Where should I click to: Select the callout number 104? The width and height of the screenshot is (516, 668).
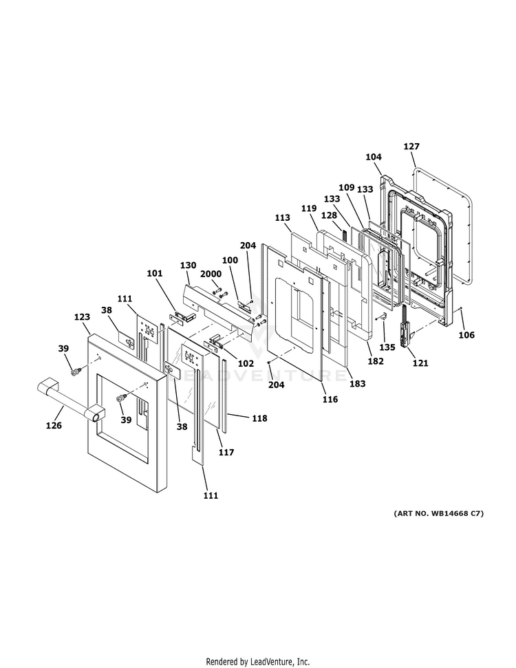(374, 157)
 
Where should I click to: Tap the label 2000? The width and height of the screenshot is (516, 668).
(211, 274)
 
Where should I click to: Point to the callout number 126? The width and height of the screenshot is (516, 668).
(54, 425)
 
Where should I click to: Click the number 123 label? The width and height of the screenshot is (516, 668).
(82, 317)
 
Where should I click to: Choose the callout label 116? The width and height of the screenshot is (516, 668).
(330, 399)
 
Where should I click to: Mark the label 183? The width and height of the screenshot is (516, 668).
(357, 383)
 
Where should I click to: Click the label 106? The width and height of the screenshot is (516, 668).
(466, 335)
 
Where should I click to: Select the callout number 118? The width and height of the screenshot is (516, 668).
(259, 418)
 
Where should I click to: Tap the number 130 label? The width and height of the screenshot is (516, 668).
(189, 265)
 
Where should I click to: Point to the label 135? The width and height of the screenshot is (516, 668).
(387, 347)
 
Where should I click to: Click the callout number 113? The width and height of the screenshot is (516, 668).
(282, 217)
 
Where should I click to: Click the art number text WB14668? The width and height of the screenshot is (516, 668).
(450, 513)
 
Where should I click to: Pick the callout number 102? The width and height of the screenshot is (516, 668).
(246, 363)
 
